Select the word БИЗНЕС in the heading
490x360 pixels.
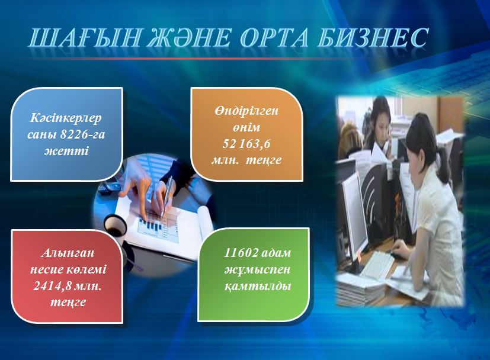[x=371, y=37]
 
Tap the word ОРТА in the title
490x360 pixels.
[x=273, y=38]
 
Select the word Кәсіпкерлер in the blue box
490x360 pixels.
[x=66, y=118]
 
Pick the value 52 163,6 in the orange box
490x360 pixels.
[x=246, y=144]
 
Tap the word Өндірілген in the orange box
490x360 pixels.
[x=246, y=111]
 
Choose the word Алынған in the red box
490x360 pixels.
[x=68, y=253]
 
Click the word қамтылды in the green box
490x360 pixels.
[x=258, y=285]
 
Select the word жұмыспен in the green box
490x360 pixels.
[x=258, y=269]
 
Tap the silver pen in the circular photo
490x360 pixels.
[x=166, y=196]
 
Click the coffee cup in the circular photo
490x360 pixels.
[x=115, y=225]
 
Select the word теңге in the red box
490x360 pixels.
[x=68, y=302]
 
